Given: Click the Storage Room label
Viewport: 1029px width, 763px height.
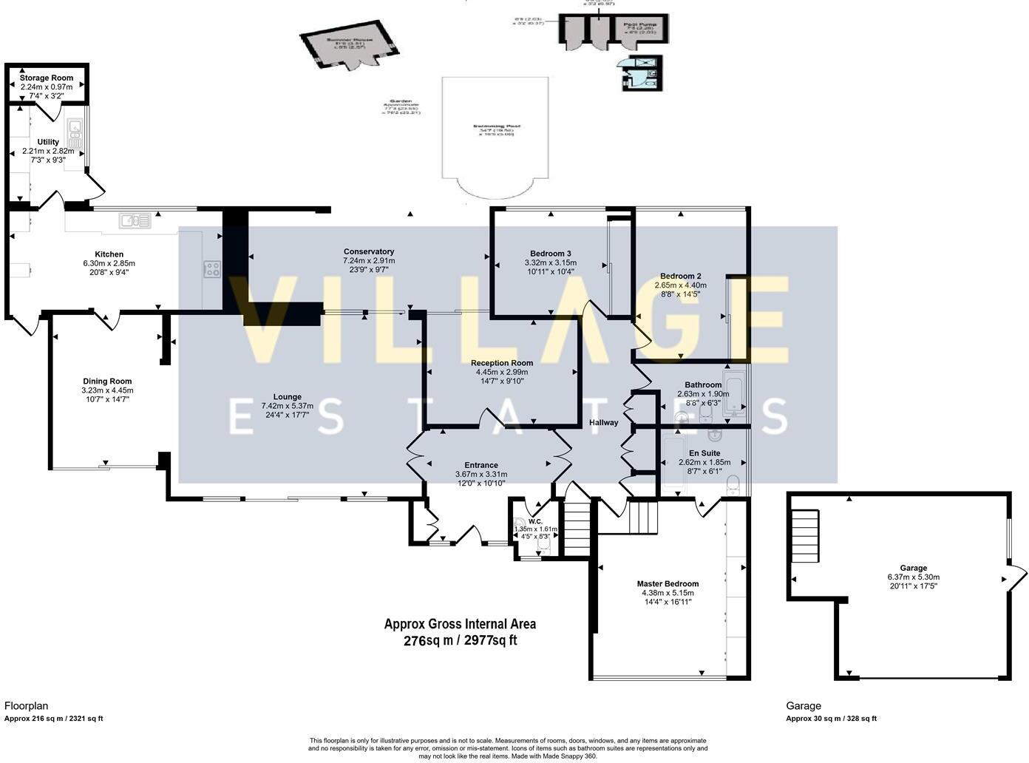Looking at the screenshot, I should click(47, 78).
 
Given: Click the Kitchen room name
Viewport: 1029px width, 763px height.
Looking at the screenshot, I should click(109, 254).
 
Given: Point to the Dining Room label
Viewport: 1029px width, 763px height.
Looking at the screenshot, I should click(107, 381).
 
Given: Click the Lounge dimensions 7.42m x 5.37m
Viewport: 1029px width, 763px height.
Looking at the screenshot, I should click(287, 406).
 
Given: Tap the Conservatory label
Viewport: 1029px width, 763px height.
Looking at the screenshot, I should click(369, 251).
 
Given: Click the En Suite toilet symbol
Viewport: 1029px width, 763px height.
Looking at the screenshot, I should click(733, 484).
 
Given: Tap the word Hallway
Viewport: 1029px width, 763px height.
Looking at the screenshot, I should click(603, 423).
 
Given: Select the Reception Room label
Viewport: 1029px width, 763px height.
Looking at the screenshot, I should click(502, 363).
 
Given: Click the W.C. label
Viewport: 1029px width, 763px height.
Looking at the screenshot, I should click(535, 521).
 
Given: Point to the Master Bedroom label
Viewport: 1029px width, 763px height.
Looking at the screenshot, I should click(668, 583).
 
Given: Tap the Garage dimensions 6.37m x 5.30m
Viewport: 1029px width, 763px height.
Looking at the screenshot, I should click(913, 577).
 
